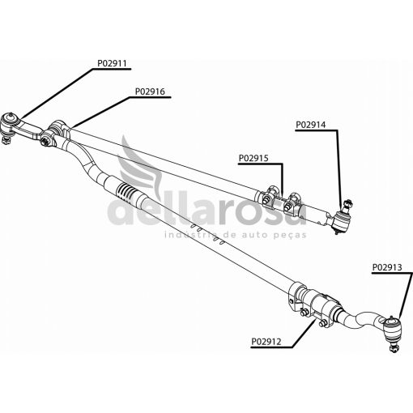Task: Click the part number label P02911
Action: (x=112, y=63)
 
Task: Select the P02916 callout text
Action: (x=150, y=92)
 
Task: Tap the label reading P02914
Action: (x=311, y=125)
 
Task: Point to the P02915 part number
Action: (x=253, y=158)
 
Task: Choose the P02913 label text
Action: (x=387, y=267)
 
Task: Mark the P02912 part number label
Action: (x=266, y=342)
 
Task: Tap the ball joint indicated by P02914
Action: (x=342, y=221)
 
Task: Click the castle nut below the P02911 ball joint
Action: (x=6, y=140)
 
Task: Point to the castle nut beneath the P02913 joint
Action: (x=394, y=347)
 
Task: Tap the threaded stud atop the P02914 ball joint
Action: (x=347, y=204)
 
